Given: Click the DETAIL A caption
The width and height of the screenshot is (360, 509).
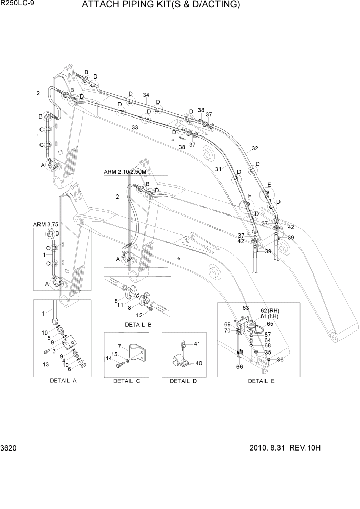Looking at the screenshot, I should pyautogui.click(x=63, y=381).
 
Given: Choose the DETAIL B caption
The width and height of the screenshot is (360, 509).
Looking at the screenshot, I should pyautogui.click(x=138, y=325).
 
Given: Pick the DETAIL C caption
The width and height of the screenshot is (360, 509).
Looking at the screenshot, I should pyautogui.click(x=127, y=381).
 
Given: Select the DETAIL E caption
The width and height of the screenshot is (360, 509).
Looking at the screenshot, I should pyautogui.click(x=261, y=381).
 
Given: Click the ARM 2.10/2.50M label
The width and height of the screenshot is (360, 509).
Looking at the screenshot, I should pyautogui.click(x=128, y=172).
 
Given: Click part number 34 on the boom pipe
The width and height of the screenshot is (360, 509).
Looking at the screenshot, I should pyautogui.click(x=146, y=95).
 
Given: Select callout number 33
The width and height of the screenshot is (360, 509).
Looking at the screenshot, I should pyautogui.click(x=135, y=127).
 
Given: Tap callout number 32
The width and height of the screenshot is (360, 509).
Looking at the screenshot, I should pyautogui.click(x=255, y=149).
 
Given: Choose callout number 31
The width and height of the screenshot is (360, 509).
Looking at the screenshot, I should pyautogui.click(x=218, y=170).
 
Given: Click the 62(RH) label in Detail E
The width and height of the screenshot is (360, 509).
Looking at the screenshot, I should pyautogui.click(x=270, y=311).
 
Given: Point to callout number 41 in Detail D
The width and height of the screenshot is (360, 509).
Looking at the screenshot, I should pyautogui.click(x=198, y=343).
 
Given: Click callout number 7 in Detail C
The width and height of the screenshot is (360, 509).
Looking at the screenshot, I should pyautogui.click(x=118, y=347).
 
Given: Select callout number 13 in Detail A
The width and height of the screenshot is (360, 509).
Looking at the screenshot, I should pyautogui.click(x=46, y=364).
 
